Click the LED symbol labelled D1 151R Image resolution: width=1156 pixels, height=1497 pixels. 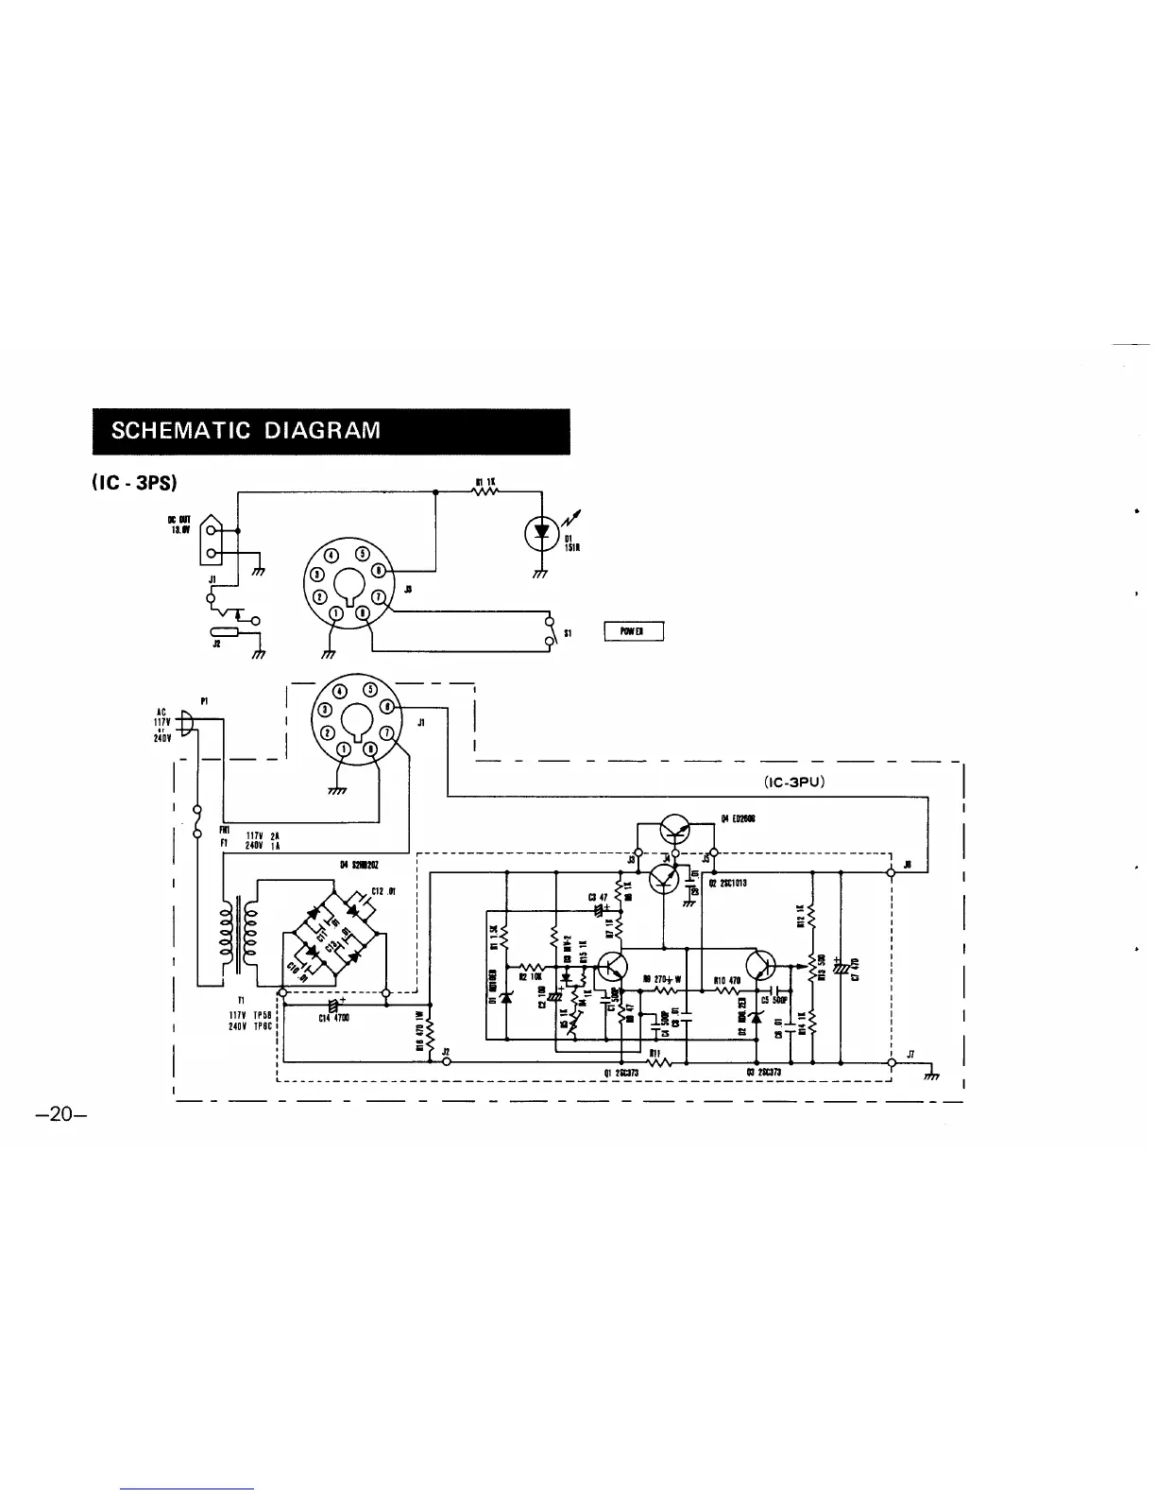point(541,532)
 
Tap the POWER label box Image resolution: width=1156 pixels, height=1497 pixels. point(634,631)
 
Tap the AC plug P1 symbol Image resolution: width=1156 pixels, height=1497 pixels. point(187,726)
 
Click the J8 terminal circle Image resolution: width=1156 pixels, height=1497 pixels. point(892,872)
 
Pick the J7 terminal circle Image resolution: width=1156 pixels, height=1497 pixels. point(892,1062)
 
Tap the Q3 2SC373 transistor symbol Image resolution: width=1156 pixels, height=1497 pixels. point(760,966)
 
